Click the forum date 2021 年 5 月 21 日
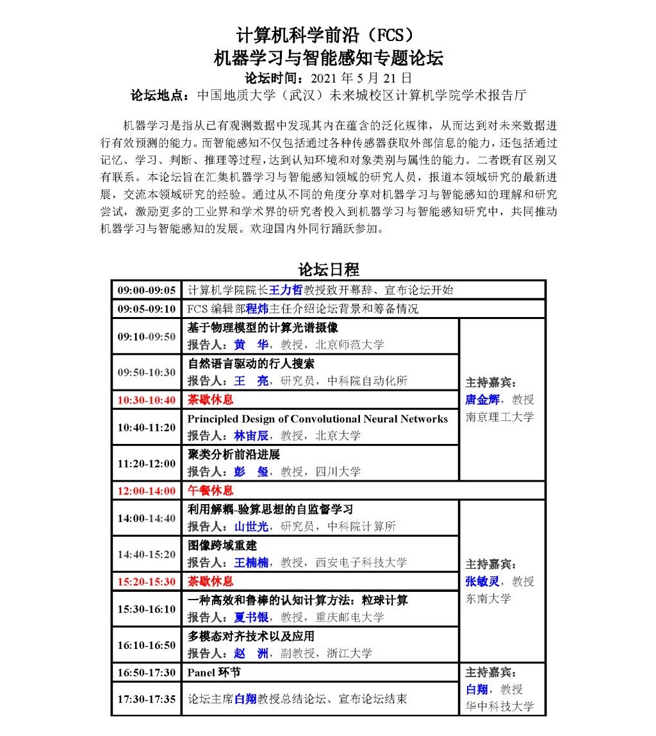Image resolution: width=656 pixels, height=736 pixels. click(361, 78)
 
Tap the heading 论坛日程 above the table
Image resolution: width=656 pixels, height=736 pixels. click(328, 269)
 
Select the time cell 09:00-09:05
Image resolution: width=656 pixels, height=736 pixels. click(146, 290)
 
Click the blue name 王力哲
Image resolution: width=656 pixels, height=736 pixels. click(284, 290)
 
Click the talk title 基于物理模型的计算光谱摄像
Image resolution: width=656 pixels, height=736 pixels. click(263, 327)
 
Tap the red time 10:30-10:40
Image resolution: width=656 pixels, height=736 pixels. click(146, 400)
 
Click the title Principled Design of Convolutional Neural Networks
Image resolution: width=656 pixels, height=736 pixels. click(317, 418)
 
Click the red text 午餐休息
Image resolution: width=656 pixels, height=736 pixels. click(210, 491)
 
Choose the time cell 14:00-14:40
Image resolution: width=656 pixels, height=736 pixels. click(146, 518)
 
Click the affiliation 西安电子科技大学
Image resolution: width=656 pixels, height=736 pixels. click(361, 562)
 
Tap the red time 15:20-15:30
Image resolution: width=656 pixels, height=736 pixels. click(146, 581)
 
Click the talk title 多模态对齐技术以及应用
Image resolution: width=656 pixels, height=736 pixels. click(251, 636)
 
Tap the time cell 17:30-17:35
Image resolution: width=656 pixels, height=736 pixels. click(146, 699)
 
